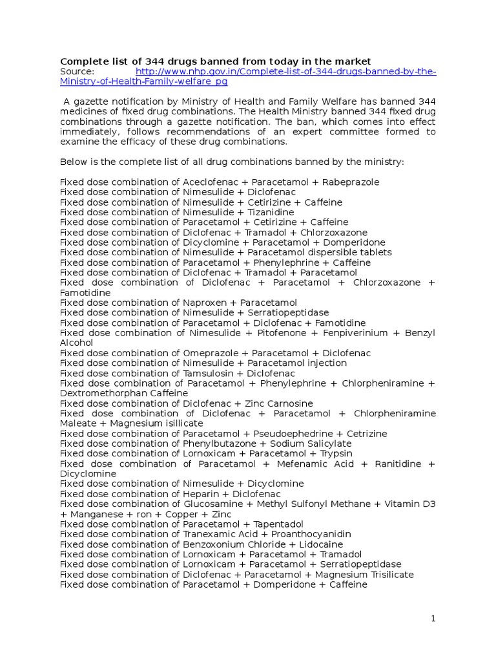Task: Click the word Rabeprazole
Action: pyautogui.click(x=352, y=182)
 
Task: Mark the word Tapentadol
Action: pyautogui.click(x=278, y=524)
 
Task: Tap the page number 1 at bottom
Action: pyautogui.click(x=434, y=619)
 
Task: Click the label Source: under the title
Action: pyautogui.click(x=77, y=72)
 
